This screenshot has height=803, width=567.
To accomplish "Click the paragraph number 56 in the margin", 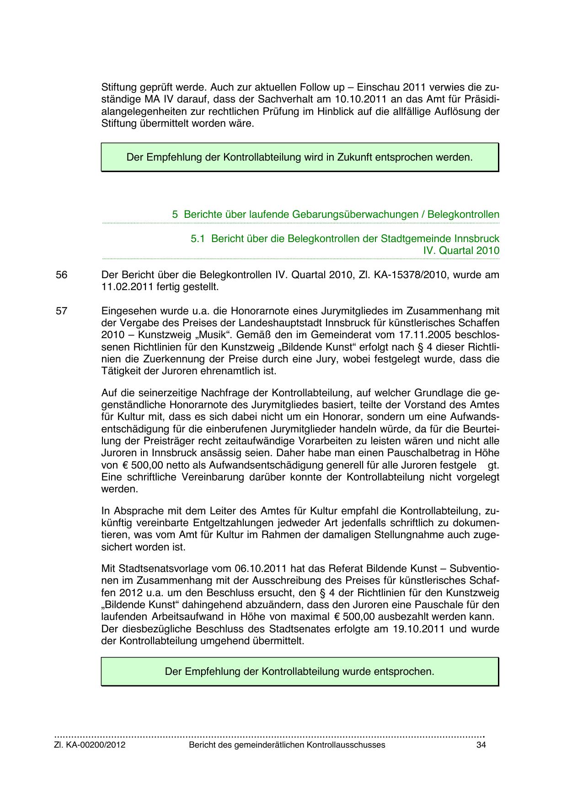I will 61,275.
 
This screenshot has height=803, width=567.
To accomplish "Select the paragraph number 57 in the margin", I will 61,311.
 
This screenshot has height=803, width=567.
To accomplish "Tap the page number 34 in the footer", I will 481,745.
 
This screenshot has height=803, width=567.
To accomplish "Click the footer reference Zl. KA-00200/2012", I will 90,745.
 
